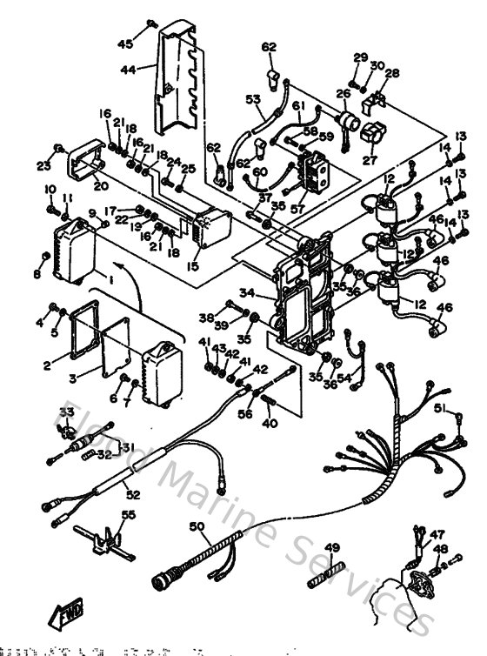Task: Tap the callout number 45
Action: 126,44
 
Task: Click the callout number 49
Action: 331,547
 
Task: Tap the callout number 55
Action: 130,515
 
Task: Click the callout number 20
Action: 100,184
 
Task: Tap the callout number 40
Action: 270,423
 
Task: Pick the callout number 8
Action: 37,275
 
